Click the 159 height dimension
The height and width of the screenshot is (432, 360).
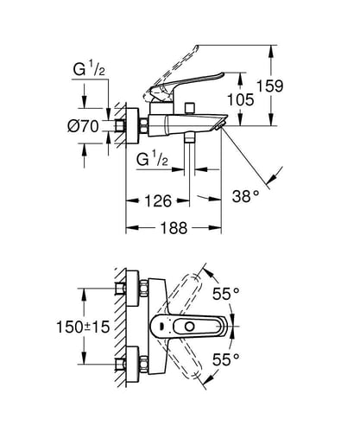coord(269,86)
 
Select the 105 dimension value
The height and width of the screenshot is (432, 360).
coord(241,99)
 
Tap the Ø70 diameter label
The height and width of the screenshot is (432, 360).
coord(83,126)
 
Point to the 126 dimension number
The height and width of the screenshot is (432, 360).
coord(158,200)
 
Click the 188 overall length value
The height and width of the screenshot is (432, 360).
coord(174,228)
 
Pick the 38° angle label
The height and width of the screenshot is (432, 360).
coord(245,197)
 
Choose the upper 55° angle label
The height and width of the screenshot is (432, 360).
coord(226,294)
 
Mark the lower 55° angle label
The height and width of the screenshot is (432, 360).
coord(226,359)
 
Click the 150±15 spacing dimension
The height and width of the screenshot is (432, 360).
coord(83,327)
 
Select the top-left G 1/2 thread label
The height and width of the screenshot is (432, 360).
coord(89,69)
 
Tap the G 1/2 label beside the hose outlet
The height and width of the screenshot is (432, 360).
coord(152,159)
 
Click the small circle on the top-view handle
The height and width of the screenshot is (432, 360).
coord(190,327)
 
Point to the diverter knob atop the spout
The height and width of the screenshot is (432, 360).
coord(190,108)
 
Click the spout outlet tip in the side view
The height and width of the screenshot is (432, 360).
coord(220,125)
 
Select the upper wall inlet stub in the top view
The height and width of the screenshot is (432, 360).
coord(120,289)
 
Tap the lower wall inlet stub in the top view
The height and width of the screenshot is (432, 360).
coord(120,365)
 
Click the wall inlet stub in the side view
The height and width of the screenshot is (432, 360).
coord(120,126)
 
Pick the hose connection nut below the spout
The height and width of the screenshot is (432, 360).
coord(189,137)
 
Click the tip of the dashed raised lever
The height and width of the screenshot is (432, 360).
coord(197,47)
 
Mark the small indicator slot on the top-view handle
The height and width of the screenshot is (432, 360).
coord(161,327)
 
